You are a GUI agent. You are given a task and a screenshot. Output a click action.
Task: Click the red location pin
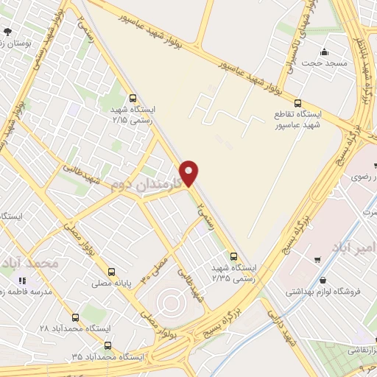click(190, 172)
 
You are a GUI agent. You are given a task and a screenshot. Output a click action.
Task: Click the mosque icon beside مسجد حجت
click(324, 52)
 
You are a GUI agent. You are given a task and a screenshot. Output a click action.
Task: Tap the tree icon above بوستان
click(7, 31)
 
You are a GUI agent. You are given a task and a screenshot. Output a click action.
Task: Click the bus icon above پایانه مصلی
click(111, 270)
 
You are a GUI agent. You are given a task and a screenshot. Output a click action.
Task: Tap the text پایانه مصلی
click(108, 282)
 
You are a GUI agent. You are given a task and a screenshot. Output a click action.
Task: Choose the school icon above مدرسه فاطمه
click(21, 280)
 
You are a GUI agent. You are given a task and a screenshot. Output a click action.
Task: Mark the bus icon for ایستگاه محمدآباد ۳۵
click(108, 345)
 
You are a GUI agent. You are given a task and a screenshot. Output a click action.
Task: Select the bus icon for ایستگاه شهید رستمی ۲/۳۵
click(234, 256)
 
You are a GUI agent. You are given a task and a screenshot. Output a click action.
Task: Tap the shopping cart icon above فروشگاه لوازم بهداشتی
click(317, 259)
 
